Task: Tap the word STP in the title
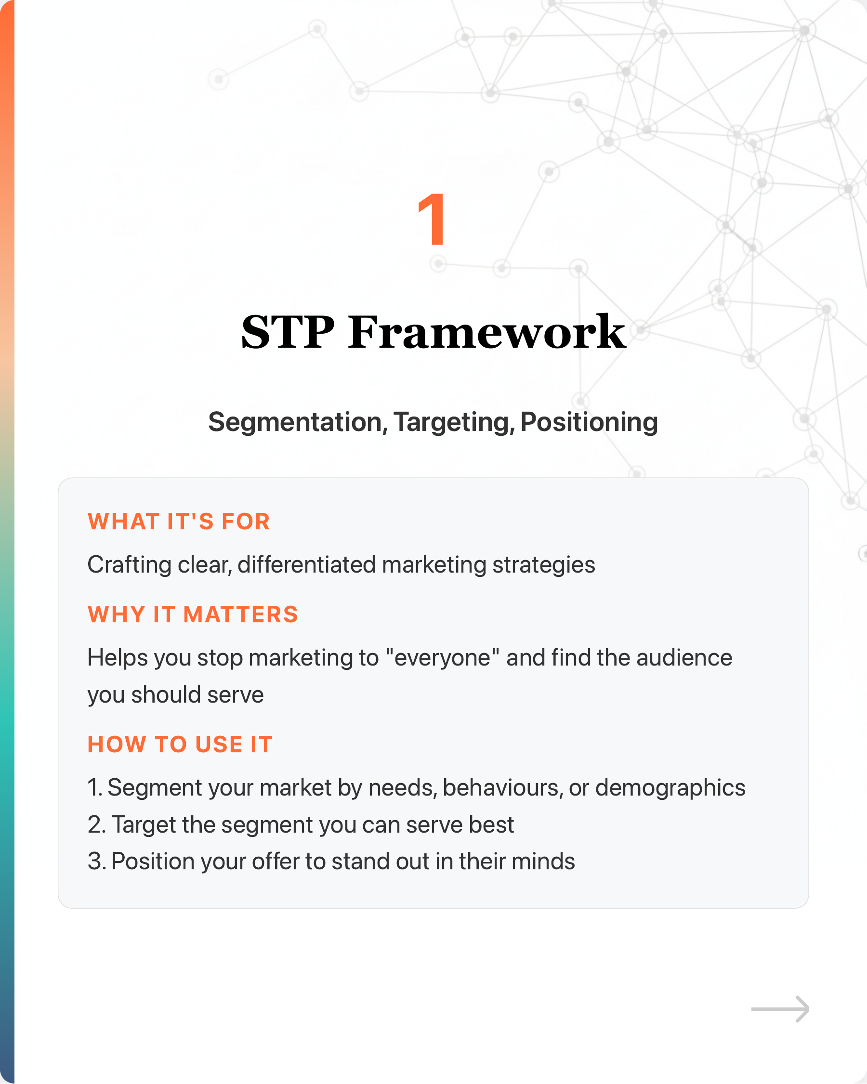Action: (288, 332)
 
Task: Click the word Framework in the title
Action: (487, 332)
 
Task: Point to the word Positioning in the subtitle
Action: (589, 422)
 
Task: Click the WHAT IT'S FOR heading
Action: (179, 522)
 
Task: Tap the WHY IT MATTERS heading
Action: (193, 614)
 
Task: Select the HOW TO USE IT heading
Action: (180, 744)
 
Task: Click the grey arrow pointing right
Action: (780, 1008)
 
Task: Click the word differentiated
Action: (307, 564)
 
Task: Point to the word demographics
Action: (670, 788)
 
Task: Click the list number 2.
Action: (95, 825)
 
